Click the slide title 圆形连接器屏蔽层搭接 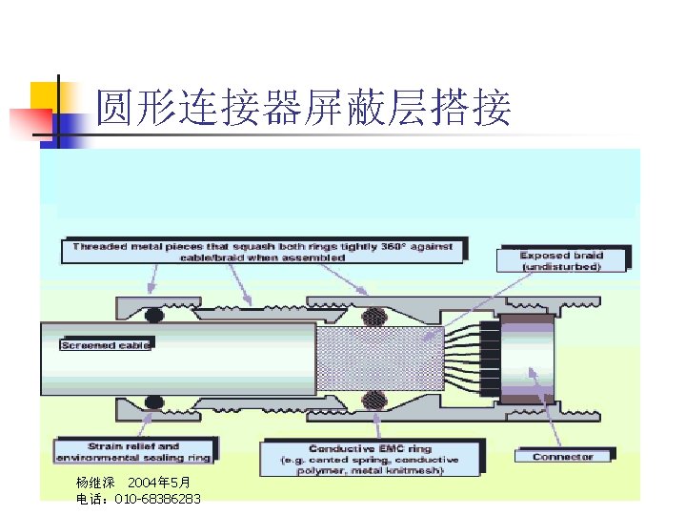[304, 108]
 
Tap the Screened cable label [106, 345]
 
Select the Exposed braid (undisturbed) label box [562, 261]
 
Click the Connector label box [562, 457]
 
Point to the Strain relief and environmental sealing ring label [133, 451]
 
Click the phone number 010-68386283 [157, 499]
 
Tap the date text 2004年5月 [159, 483]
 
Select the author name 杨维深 [95, 483]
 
